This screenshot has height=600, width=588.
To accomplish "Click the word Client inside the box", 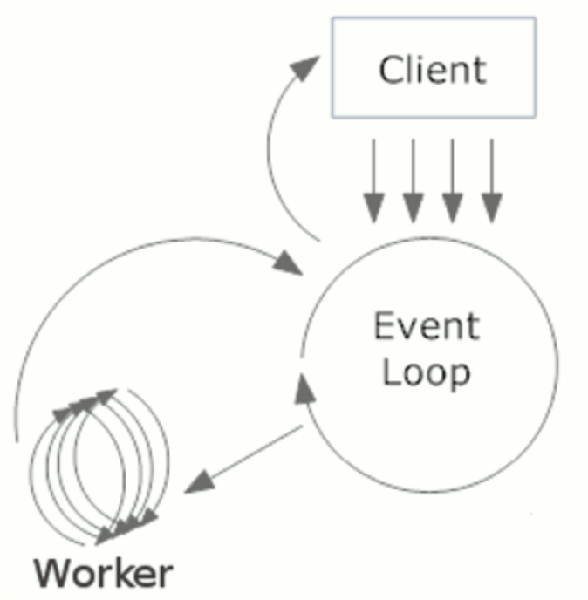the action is [433, 69].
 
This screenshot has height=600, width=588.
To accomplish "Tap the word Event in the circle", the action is [427, 325].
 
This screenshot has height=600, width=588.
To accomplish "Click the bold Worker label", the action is [103, 573].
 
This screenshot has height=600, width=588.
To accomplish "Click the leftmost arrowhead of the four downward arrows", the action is [373, 208].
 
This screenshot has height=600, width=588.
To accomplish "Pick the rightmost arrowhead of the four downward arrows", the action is [491, 208].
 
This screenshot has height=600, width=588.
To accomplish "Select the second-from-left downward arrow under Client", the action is [413, 181].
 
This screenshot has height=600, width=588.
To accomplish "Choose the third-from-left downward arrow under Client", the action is [453, 181].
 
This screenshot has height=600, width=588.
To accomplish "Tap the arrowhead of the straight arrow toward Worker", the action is [199, 482].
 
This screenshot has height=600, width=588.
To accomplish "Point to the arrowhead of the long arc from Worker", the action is [288, 262].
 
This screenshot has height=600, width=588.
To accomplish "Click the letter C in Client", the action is [390, 70].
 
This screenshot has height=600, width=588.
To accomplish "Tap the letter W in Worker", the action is [54, 573].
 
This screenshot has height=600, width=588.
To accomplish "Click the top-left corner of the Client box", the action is [332, 17].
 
